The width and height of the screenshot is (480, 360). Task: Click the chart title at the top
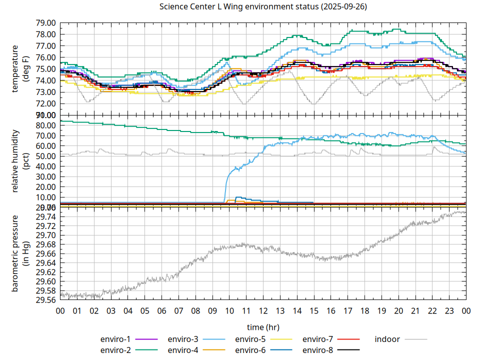pos(262,6)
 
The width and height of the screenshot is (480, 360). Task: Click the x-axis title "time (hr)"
pos(263,327)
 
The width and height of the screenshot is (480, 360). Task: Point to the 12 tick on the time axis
pos(263,310)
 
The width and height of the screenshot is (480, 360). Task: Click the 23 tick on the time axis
pos(449,310)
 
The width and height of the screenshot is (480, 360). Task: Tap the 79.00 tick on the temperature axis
pos(45,23)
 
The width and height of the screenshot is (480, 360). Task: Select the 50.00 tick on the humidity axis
pos(45,156)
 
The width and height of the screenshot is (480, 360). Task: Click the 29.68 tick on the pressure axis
pos(45,244)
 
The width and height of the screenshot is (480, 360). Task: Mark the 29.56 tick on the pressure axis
pos(45,300)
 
